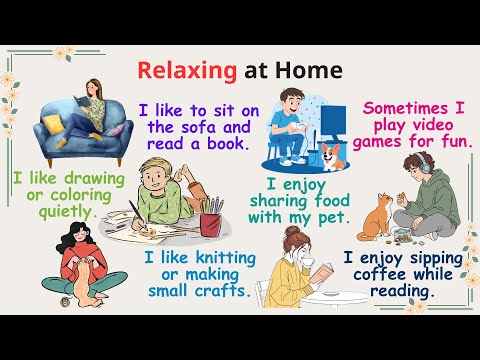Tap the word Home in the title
[312, 71]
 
